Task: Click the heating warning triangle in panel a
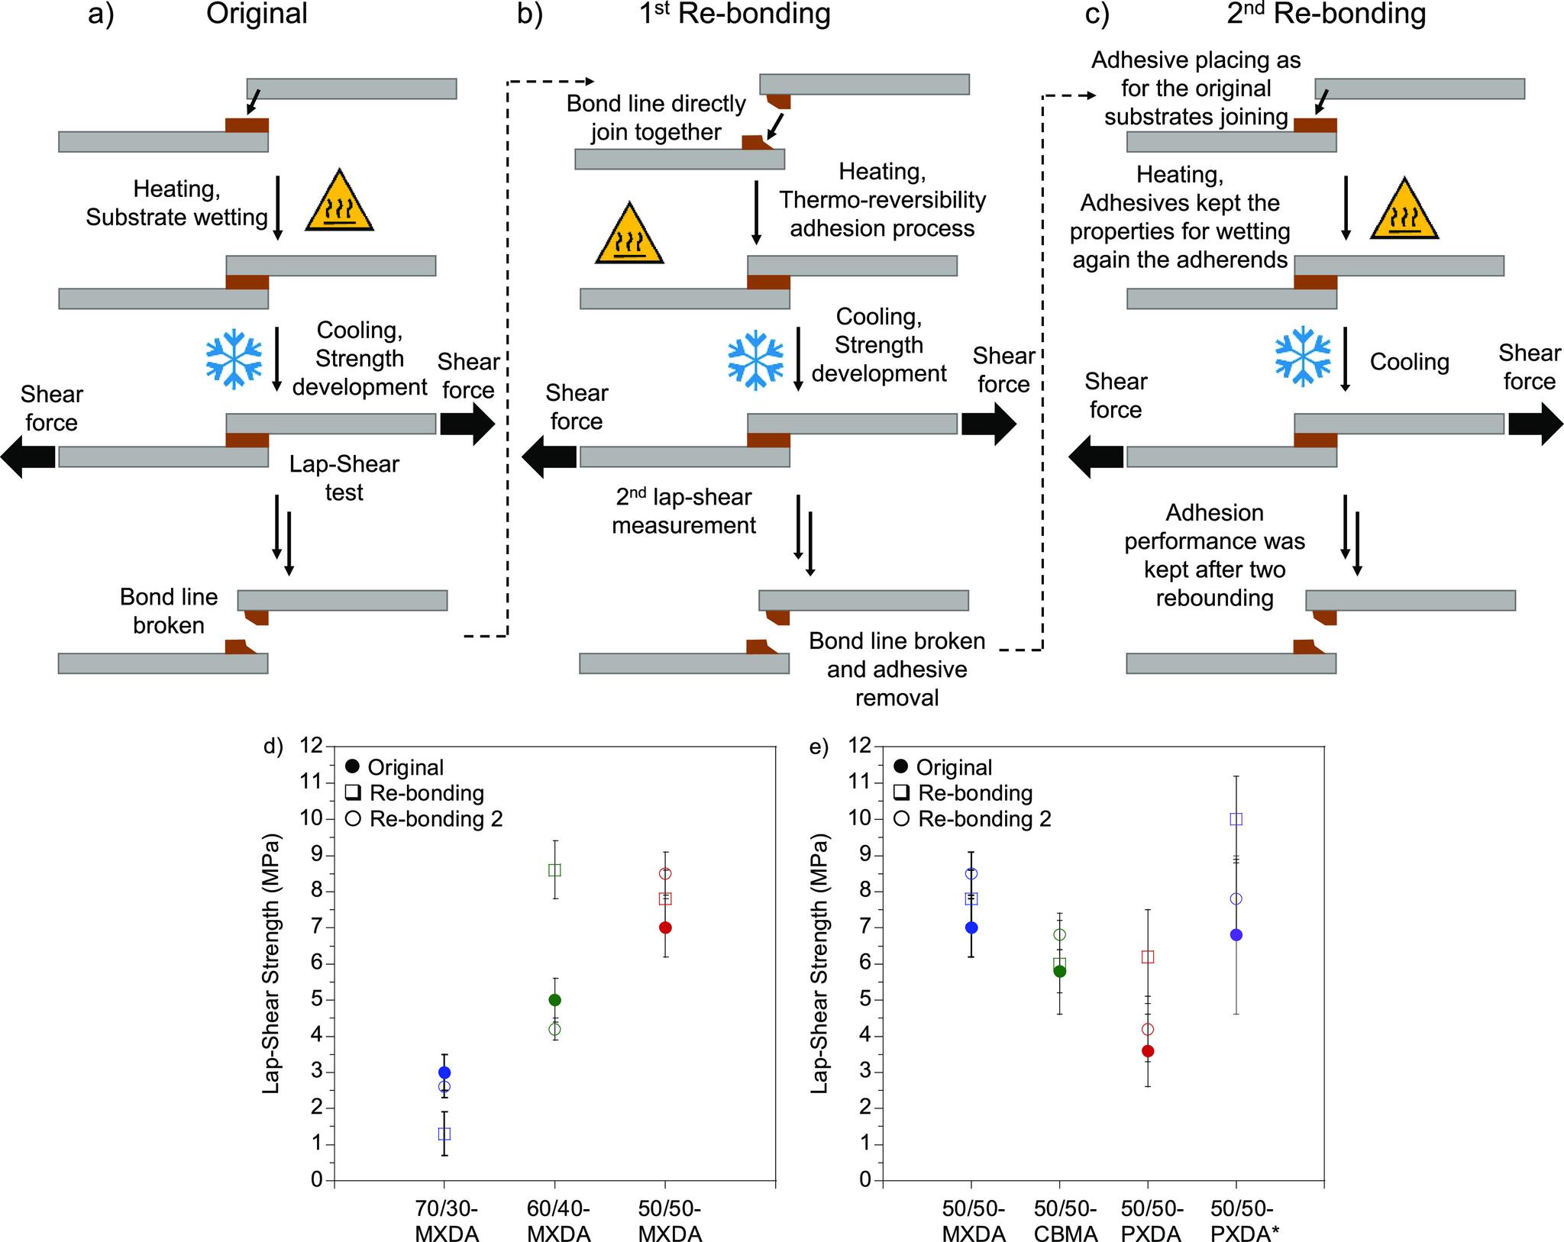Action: (x=339, y=202)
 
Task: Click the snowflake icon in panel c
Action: (x=1303, y=357)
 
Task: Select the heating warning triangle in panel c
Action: (x=1404, y=210)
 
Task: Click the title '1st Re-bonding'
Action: (x=734, y=15)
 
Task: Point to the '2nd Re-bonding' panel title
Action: (x=1326, y=15)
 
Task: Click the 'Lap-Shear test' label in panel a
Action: (x=344, y=478)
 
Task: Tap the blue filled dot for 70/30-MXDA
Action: (x=444, y=1073)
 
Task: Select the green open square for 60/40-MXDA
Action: (x=555, y=870)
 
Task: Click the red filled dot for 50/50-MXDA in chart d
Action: (x=665, y=927)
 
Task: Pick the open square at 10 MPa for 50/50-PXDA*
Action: (x=1236, y=819)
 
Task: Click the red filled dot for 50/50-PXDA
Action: (x=1148, y=1051)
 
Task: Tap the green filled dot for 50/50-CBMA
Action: (x=1060, y=971)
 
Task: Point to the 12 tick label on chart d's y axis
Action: (x=312, y=746)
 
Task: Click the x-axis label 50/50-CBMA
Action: (x=1065, y=1220)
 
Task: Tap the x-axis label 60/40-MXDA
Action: (x=559, y=1220)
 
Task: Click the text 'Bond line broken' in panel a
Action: (x=169, y=611)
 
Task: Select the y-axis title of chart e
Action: (x=820, y=963)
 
